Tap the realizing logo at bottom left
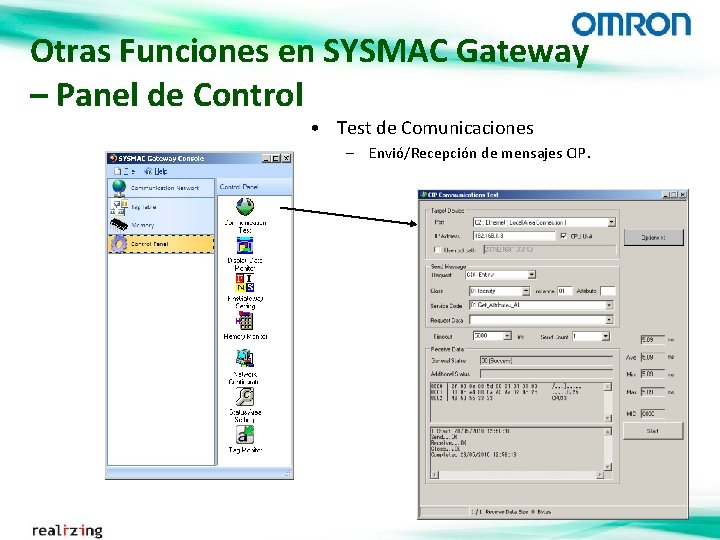click(x=67, y=529)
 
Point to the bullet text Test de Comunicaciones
click(x=435, y=128)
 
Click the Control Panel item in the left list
click(x=149, y=243)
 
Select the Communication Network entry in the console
click(x=164, y=187)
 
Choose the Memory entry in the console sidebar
click(x=142, y=225)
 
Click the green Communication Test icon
click(x=244, y=208)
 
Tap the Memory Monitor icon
click(x=244, y=321)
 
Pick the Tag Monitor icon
click(x=244, y=435)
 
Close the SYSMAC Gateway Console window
click(x=286, y=158)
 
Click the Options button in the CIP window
click(x=653, y=238)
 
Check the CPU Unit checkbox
click(x=564, y=236)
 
